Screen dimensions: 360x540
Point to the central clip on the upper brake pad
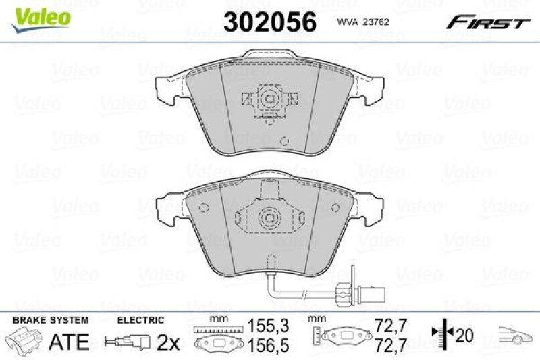coord(269,101)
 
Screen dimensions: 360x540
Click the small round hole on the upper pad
coord(284,142)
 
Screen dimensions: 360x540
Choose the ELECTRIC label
coord(141,320)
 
